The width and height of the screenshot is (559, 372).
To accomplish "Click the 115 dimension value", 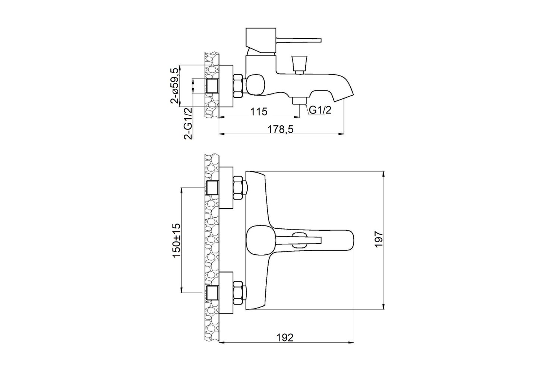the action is point(259,112).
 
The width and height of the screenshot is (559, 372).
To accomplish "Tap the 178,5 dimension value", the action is point(280,129).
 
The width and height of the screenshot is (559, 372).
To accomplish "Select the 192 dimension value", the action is point(285,338).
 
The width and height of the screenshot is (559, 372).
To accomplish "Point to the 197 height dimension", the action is point(379,239).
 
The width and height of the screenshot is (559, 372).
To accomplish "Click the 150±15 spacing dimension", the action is point(176,241).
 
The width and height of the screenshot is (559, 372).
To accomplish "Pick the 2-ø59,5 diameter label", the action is point(175,86).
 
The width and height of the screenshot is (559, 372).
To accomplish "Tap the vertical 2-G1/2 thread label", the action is point(188,124).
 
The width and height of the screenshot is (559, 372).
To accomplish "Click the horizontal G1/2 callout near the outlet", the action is point(320,110).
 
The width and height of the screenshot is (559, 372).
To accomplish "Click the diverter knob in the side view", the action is point(298,64).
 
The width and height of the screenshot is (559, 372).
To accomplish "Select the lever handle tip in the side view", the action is point(320,40).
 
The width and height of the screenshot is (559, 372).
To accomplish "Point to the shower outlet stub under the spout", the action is point(299,101).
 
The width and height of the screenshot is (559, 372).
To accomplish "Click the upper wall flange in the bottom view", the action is point(226,187).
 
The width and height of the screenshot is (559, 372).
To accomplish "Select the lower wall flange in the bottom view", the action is point(226,293).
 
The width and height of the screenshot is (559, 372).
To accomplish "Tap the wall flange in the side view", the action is point(226,86).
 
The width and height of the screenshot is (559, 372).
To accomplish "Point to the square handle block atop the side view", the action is point(260,40).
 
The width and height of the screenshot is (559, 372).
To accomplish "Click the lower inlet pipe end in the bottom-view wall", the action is point(212,293).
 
